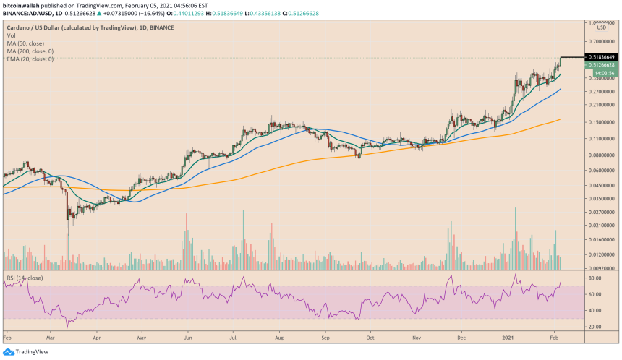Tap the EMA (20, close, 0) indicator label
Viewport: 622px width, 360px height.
[x=31, y=59]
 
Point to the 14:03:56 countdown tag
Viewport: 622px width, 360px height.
[x=604, y=73]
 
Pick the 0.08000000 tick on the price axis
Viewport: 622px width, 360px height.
[x=602, y=155]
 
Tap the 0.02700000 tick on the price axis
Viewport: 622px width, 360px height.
[x=602, y=212]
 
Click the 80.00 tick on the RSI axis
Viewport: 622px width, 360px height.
[x=596, y=278]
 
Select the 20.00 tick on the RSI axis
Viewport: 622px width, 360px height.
[x=596, y=327]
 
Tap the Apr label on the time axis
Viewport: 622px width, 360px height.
[x=95, y=338]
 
